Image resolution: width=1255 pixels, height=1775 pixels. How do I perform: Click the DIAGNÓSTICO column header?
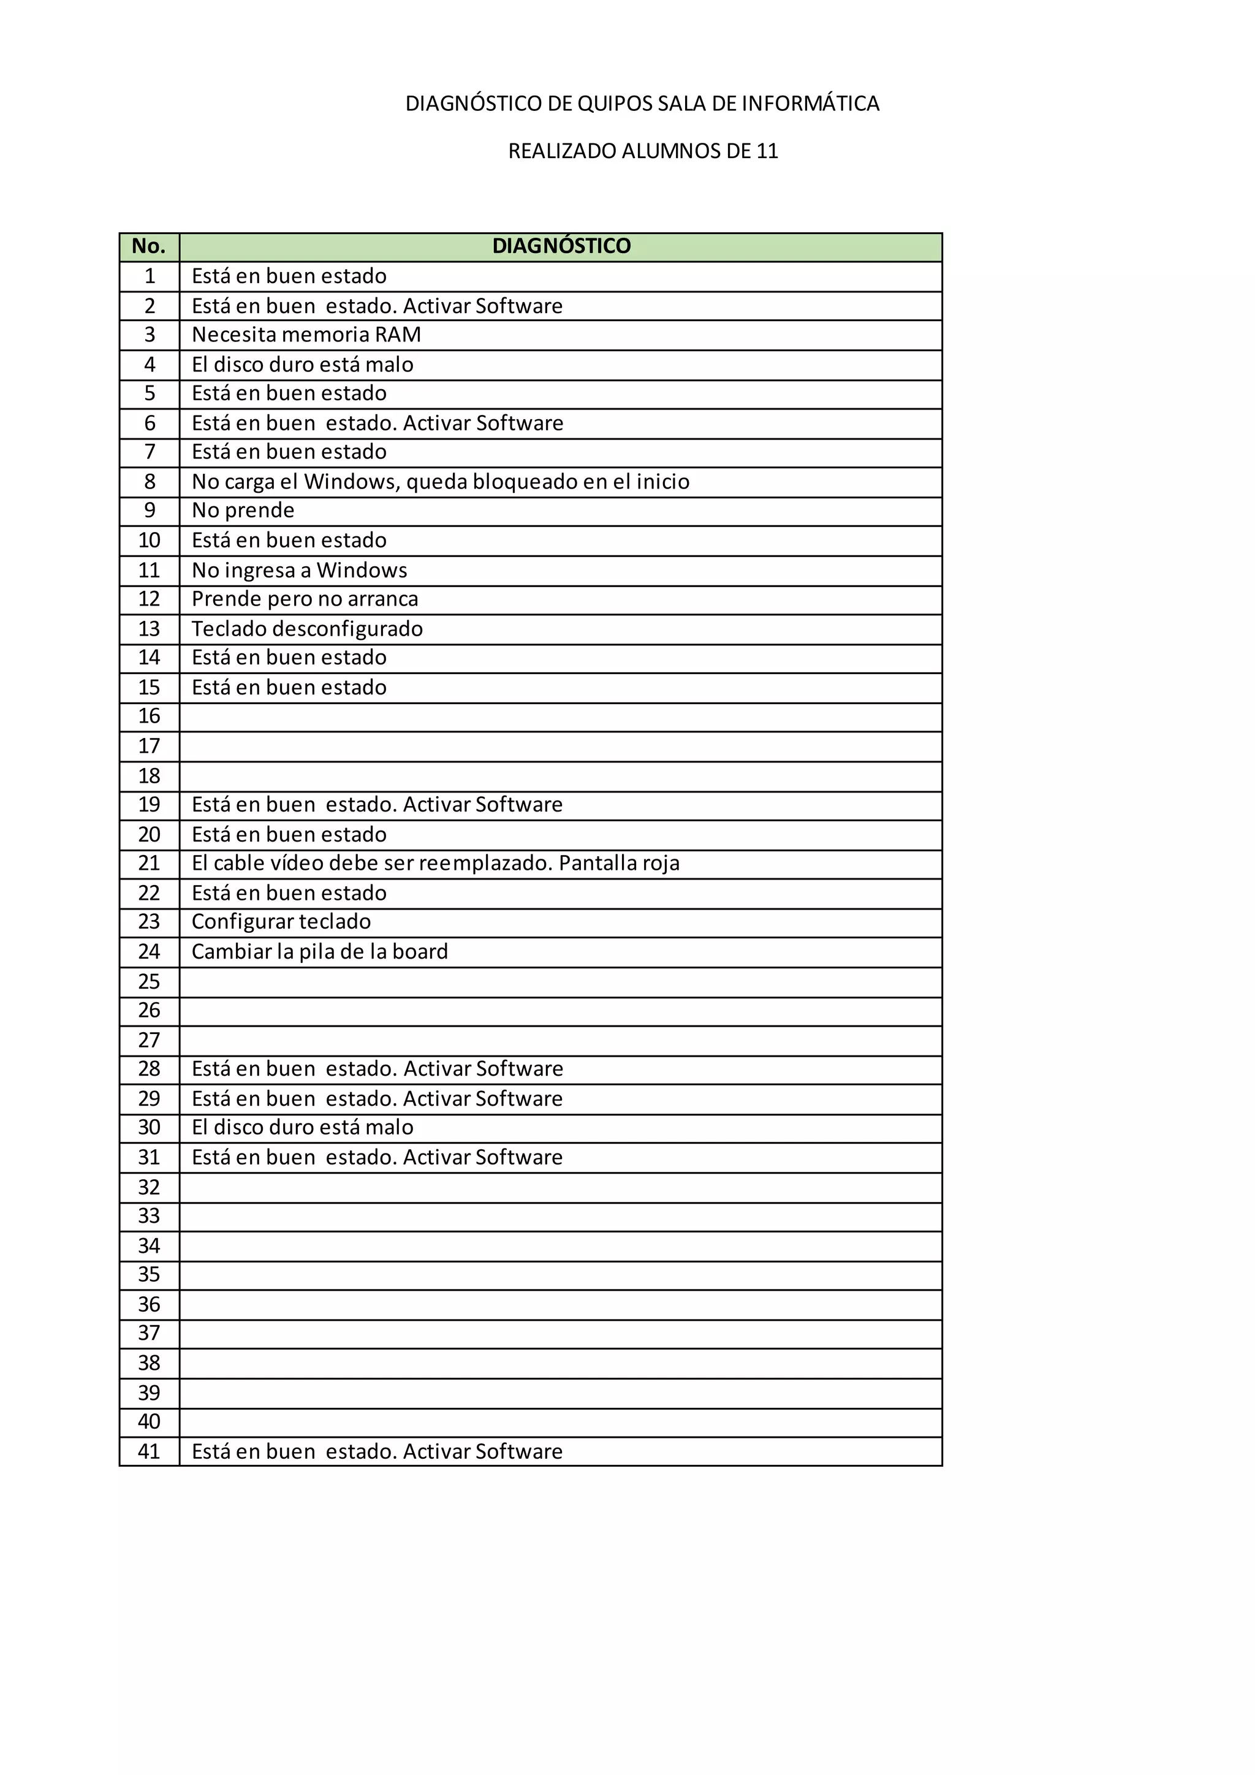coord(561,246)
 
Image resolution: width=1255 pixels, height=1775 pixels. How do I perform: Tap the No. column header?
coord(149,246)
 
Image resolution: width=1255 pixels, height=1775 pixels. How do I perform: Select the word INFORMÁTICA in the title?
coord(811,104)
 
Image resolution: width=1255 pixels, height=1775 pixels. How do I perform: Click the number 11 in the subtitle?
coord(767,151)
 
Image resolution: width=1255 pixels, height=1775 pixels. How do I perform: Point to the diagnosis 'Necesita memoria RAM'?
coord(306,335)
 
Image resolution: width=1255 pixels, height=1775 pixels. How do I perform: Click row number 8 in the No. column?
coord(150,482)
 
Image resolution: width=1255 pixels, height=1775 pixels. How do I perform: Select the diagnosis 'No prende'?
coord(243,510)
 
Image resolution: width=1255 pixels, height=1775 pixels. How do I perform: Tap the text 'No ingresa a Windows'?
coord(299,570)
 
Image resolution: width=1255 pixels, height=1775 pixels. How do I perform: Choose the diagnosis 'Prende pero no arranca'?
coord(305,599)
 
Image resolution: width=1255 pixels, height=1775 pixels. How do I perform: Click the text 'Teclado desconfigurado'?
coord(307,628)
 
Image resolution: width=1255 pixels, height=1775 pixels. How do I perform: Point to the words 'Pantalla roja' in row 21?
coord(619,863)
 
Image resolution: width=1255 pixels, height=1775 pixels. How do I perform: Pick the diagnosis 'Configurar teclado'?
coord(281,921)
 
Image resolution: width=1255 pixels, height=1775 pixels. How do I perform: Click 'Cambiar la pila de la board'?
coord(319,952)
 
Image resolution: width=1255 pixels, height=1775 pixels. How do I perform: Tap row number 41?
coord(149,1451)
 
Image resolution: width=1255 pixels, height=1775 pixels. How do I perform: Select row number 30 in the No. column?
coord(149,1127)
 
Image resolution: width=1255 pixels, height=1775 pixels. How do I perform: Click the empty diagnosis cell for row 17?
coord(560,747)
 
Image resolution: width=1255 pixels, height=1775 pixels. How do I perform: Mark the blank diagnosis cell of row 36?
coord(560,1305)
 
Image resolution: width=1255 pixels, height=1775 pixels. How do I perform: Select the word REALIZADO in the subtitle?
coord(562,151)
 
